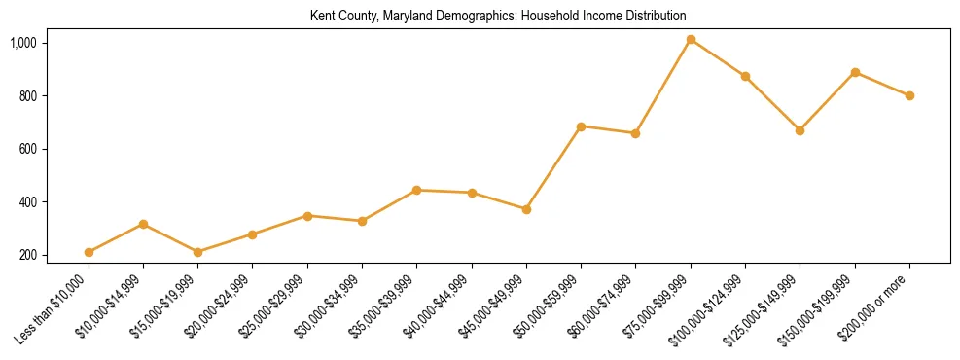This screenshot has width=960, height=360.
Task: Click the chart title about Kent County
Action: [x=498, y=17]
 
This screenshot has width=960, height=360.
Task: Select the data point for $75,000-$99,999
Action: [x=691, y=40]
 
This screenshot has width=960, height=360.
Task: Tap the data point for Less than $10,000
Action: [x=89, y=252]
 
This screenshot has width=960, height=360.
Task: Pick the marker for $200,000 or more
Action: [x=909, y=95]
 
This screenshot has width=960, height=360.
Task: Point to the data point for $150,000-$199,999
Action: [x=855, y=72]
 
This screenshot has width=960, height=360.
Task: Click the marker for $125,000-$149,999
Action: [x=800, y=130]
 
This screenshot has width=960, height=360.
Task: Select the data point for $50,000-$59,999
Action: [x=581, y=126]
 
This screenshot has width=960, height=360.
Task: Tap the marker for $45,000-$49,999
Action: [x=526, y=209]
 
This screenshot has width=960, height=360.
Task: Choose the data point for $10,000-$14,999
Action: [x=144, y=224]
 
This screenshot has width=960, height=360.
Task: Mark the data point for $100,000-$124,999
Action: [x=745, y=76]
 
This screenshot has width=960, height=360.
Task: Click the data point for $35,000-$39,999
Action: [x=417, y=191]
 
